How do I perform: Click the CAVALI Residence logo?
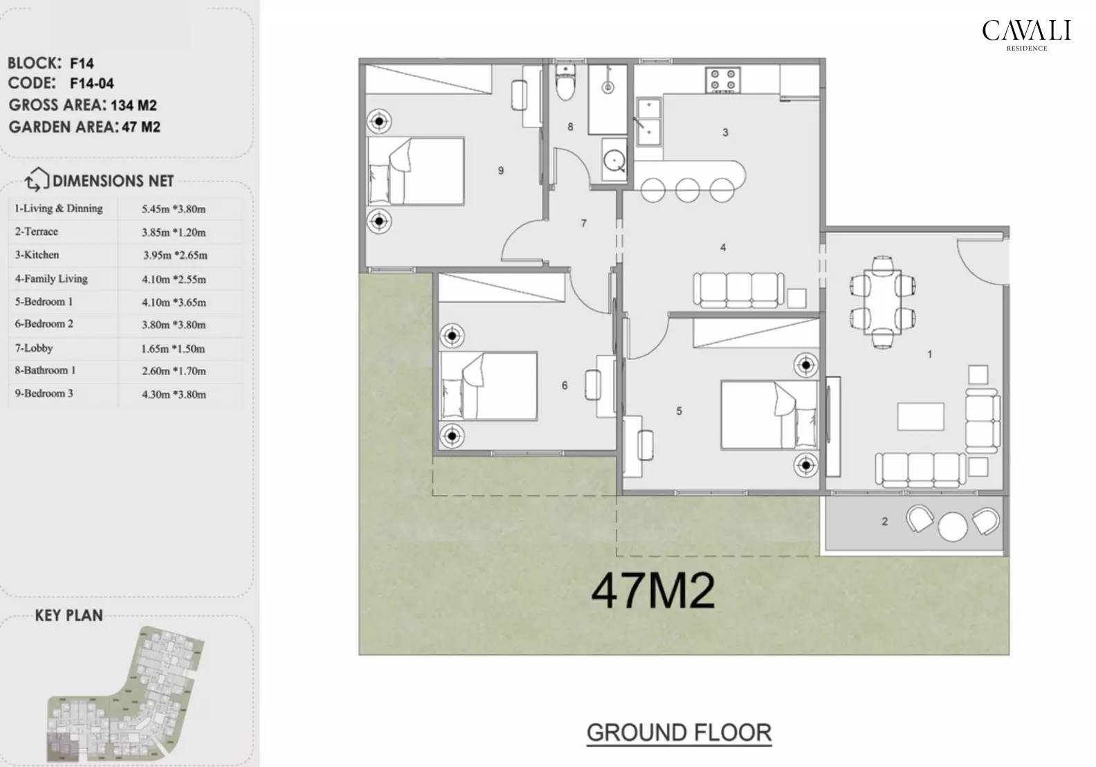(x=1026, y=34)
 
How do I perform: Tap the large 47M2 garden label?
(x=653, y=591)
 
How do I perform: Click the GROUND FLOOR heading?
(x=679, y=732)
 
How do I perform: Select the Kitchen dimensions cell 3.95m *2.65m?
(x=175, y=255)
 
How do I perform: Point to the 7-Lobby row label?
(x=34, y=348)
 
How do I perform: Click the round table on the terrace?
(x=953, y=525)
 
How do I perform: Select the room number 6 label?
(x=565, y=386)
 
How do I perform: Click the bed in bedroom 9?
(x=415, y=170)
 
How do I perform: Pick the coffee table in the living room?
(x=920, y=417)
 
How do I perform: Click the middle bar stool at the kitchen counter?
(x=687, y=190)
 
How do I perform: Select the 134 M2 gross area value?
(x=134, y=105)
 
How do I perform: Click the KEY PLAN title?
(x=68, y=615)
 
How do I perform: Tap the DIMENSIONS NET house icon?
(x=37, y=180)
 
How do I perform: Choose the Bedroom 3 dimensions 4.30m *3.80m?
(x=174, y=395)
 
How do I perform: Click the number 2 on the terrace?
(x=884, y=522)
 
